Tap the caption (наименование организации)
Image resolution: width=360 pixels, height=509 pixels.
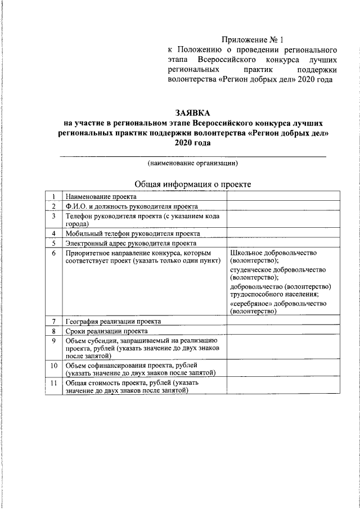pos(193,163)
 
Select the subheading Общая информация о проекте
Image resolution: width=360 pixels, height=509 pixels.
pos(193,184)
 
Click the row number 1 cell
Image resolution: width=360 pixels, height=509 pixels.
pos(53,197)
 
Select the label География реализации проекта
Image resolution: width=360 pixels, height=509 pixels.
pos(114,322)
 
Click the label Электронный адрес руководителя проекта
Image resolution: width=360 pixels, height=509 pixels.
pos(131,244)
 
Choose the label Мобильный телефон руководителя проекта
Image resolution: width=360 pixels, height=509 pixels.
pos(133,233)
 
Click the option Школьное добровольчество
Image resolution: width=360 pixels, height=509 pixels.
pos(274,253)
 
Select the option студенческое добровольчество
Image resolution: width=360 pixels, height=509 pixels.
pos(278,269)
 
